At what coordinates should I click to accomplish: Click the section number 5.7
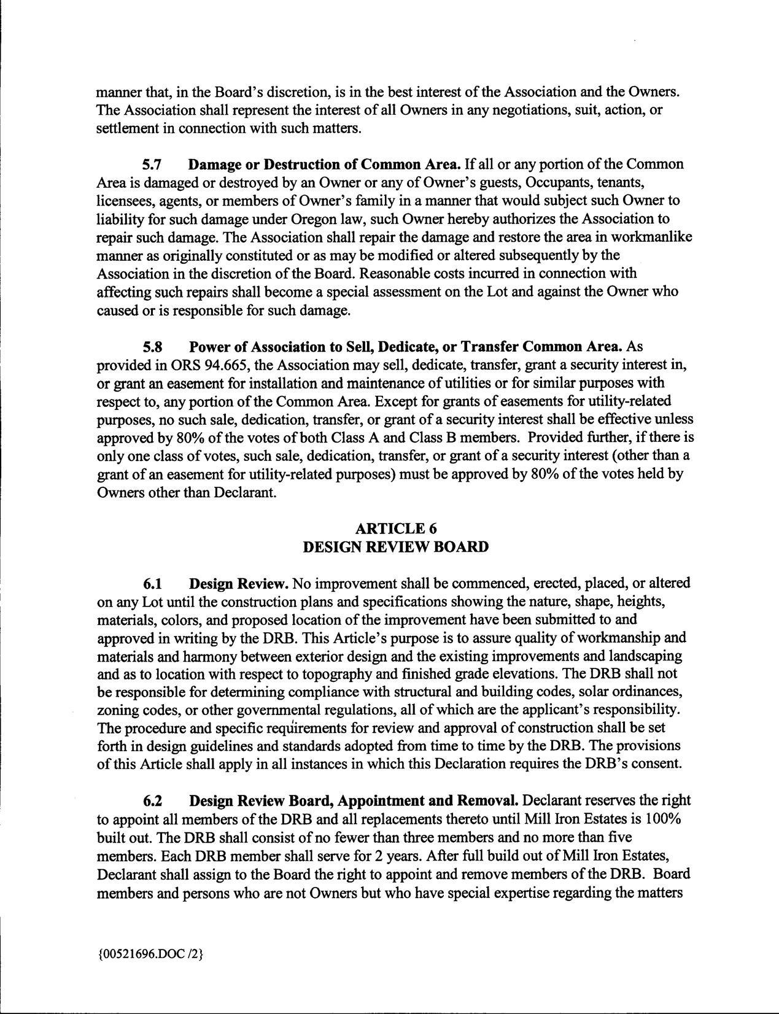[152, 165]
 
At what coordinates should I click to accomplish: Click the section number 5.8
[152, 347]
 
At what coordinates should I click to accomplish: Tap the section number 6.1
[152, 582]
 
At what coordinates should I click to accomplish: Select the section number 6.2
[152, 801]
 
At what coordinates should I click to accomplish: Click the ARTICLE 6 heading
[396, 528]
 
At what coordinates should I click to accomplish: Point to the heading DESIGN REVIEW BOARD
[396, 547]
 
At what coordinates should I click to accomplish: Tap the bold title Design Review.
[239, 582]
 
